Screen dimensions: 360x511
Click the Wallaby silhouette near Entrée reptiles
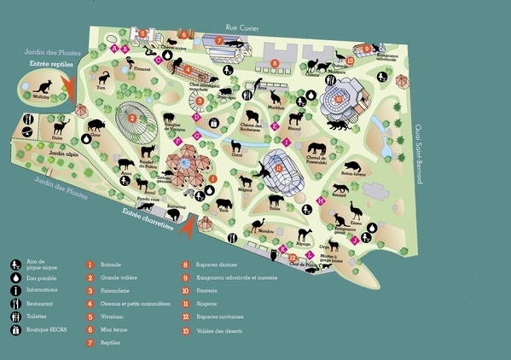(x=40, y=85)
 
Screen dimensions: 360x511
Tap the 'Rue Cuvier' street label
(x=242, y=26)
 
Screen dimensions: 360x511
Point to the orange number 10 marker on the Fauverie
(x=339, y=99)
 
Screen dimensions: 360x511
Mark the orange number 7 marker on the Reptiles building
(x=219, y=40)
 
